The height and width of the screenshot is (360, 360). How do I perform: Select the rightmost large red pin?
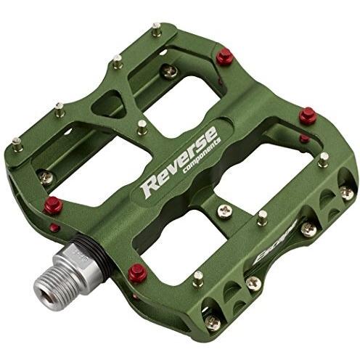[307, 114]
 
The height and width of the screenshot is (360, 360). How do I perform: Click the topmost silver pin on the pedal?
[155, 29]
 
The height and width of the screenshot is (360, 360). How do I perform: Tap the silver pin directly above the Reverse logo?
[142, 126]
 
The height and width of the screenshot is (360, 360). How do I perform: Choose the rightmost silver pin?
[323, 157]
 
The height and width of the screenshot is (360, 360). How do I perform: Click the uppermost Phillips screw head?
[169, 70]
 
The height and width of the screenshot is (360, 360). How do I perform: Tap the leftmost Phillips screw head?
[45, 176]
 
